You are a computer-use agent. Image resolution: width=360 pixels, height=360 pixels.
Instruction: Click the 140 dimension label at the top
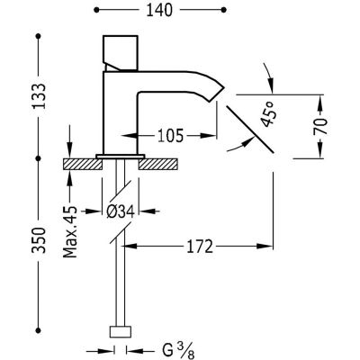tap(159, 11)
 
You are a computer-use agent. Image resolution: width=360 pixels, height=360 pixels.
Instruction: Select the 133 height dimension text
tap(39, 96)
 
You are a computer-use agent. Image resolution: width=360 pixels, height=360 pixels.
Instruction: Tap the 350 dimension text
tap(39, 240)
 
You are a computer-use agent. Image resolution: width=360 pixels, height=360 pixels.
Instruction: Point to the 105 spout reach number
tap(169, 136)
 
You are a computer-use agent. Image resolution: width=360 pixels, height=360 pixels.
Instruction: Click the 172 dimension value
tap(200, 247)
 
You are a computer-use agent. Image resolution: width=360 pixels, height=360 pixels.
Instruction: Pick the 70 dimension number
tap(320, 126)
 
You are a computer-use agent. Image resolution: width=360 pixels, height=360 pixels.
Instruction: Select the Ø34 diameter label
tap(121, 211)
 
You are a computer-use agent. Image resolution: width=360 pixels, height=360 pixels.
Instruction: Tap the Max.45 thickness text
tap(70, 232)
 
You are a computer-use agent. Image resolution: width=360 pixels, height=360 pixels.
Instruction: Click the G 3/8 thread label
tap(178, 351)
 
